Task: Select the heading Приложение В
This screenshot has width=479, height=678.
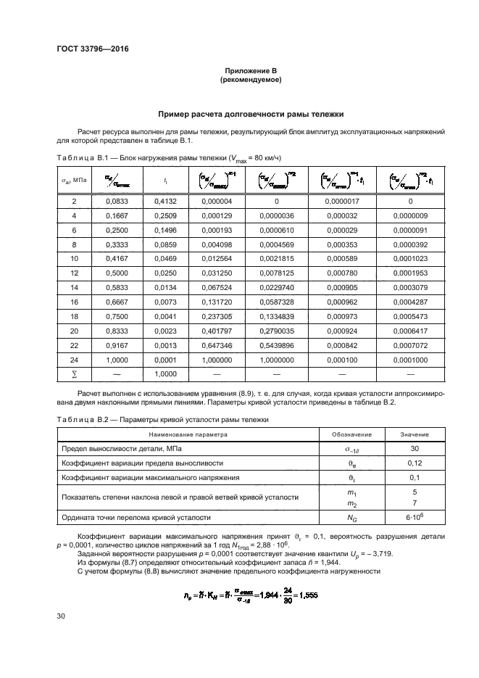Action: [x=250, y=70]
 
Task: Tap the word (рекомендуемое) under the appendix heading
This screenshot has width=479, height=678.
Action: [x=250, y=79]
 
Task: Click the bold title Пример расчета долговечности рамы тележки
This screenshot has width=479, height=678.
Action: [x=250, y=114]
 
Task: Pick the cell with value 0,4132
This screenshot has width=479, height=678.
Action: [x=166, y=201]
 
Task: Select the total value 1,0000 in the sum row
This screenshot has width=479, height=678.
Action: [x=166, y=373]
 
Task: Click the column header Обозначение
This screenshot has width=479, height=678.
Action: [x=352, y=434]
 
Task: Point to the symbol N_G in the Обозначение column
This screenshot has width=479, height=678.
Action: [x=352, y=518]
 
